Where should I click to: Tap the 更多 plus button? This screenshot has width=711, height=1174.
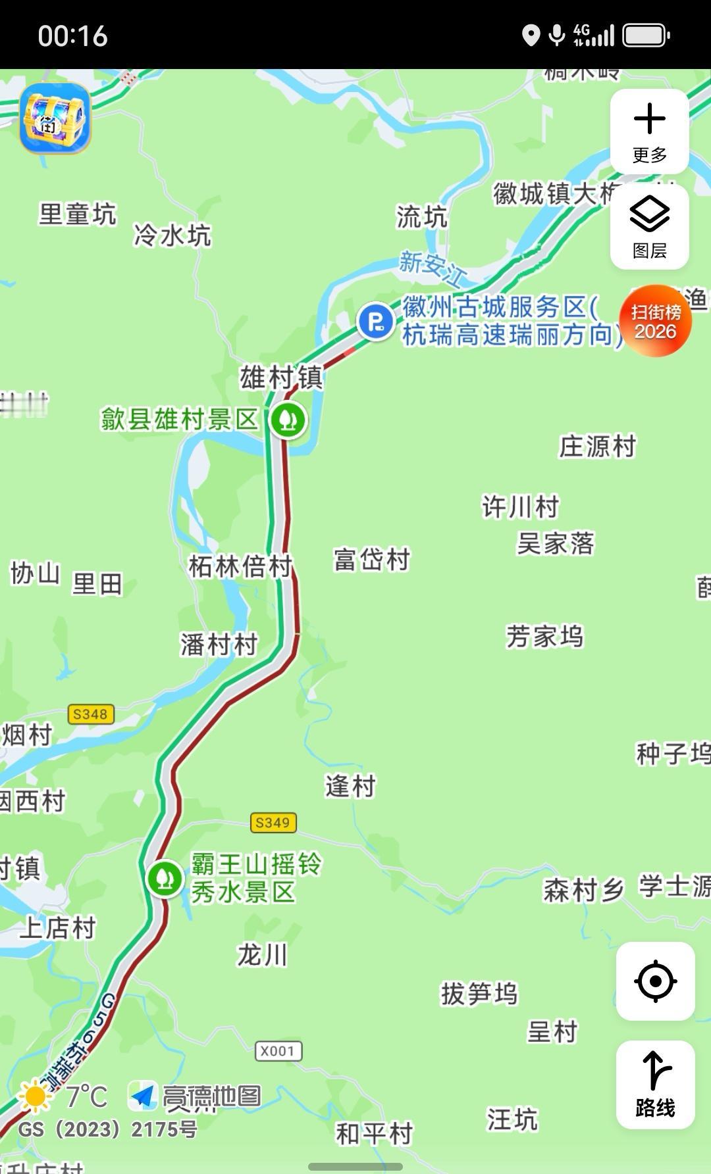[x=649, y=131]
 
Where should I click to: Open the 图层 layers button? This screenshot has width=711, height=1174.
[x=649, y=227]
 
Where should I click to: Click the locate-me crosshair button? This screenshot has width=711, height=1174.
[x=655, y=981]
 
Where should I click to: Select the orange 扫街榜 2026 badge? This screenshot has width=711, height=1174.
[x=655, y=321]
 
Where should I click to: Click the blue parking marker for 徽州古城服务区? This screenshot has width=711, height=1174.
[x=375, y=322]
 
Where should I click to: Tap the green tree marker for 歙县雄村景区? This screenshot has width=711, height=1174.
[x=288, y=419]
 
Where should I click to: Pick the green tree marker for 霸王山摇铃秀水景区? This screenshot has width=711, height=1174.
[x=165, y=877]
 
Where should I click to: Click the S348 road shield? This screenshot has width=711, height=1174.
[x=90, y=714]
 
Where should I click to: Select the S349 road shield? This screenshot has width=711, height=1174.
[x=273, y=822]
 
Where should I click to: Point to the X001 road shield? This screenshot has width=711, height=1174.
[x=278, y=1050]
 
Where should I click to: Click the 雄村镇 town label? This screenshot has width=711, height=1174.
[x=281, y=378]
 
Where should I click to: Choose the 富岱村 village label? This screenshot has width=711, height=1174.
[x=372, y=560]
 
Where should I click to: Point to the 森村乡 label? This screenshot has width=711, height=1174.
[x=583, y=890]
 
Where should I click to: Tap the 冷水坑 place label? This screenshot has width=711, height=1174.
[x=172, y=235]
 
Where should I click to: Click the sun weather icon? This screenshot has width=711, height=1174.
[x=35, y=1096]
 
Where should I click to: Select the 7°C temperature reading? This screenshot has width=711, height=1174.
[x=86, y=1096]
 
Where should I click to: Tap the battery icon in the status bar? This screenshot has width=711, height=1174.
[x=646, y=36]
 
